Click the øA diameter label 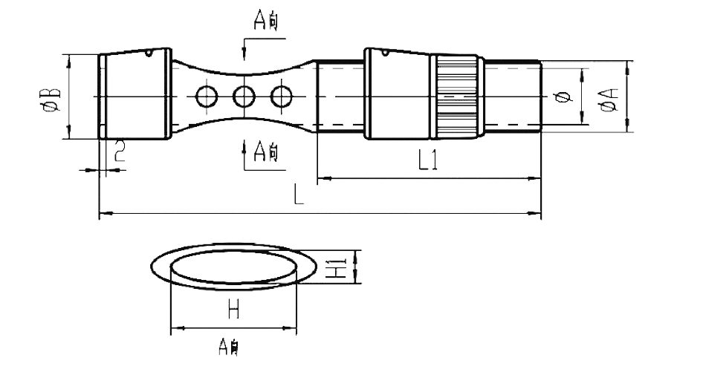click(x=609, y=98)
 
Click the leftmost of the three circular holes click(x=206, y=96)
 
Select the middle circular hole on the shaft click(x=244, y=96)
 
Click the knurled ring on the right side click(x=456, y=97)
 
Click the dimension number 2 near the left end click(x=119, y=154)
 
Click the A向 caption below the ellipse click(x=228, y=346)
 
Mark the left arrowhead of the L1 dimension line click(x=323, y=178)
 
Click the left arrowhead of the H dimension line click(x=176, y=328)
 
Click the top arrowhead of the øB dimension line click(x=68, y=58)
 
